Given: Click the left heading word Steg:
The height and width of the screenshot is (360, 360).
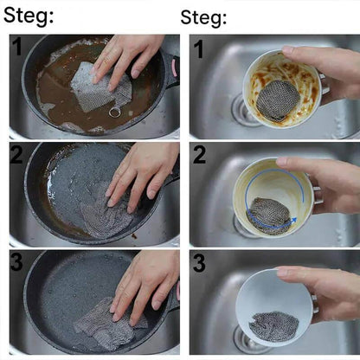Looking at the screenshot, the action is point(29,15).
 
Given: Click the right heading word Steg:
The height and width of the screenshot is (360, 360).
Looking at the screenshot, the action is point(203,17).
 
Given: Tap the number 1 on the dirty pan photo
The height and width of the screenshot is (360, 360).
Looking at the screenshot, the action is point(17,47).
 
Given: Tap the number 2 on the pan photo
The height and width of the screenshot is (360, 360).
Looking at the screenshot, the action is point(16,155).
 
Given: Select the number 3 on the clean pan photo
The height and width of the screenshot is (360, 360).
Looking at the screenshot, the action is point(16,262).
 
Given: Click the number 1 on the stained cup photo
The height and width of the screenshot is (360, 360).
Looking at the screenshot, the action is point(199,49).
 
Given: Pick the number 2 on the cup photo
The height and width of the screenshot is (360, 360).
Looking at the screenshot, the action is point(199,155).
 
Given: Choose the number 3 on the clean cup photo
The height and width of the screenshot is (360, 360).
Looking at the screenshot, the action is point(199,262).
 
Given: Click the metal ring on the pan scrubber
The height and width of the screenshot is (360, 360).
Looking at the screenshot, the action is point(114,112).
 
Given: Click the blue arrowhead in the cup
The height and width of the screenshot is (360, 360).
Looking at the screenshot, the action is point(293,221).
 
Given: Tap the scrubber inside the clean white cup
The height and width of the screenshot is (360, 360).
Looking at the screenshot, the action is point(273,326).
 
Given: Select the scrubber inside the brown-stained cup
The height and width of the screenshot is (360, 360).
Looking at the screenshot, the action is point(278,100).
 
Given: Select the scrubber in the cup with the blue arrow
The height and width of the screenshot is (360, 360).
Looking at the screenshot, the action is point(269,215).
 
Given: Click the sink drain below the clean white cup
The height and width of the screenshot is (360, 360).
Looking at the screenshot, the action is point(245,340).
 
